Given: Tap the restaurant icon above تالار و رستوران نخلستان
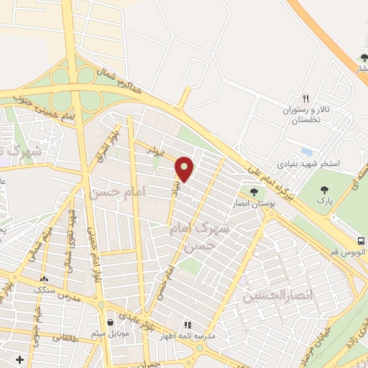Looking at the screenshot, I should coord(305,98).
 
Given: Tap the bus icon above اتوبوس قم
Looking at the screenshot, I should coord(361,241).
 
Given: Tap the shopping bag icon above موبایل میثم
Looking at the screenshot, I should coord(109,322).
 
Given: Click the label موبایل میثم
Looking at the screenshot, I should coord(109,334).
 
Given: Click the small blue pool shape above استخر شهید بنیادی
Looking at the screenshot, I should coord(307,152).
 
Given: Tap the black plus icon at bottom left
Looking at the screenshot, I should coord(19,359).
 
